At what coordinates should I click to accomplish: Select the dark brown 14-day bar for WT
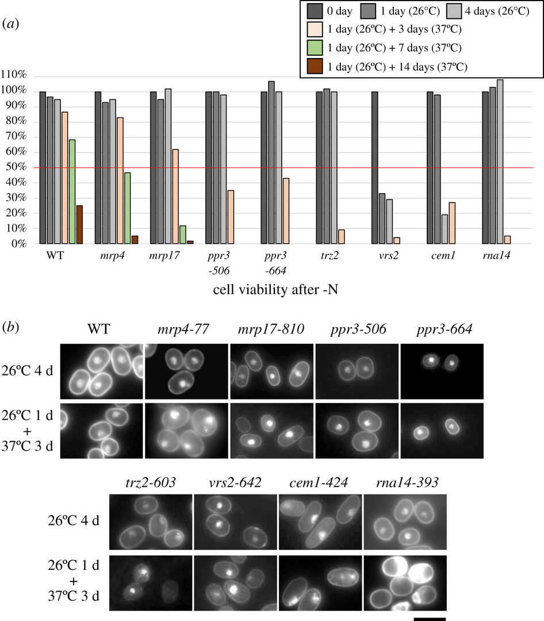[79, 224]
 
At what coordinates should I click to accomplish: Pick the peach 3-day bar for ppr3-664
[286, 211]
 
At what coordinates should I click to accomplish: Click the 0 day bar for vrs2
[374, 167]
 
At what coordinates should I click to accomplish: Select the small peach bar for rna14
[507, 240]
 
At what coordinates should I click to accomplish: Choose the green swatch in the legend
[316, 47]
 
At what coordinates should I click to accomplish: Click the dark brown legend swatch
[316, 66]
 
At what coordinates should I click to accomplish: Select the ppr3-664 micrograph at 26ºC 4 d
[442, 371]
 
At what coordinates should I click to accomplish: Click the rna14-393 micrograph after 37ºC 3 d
[405, 582]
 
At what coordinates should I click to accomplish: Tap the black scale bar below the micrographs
[430, 618]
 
